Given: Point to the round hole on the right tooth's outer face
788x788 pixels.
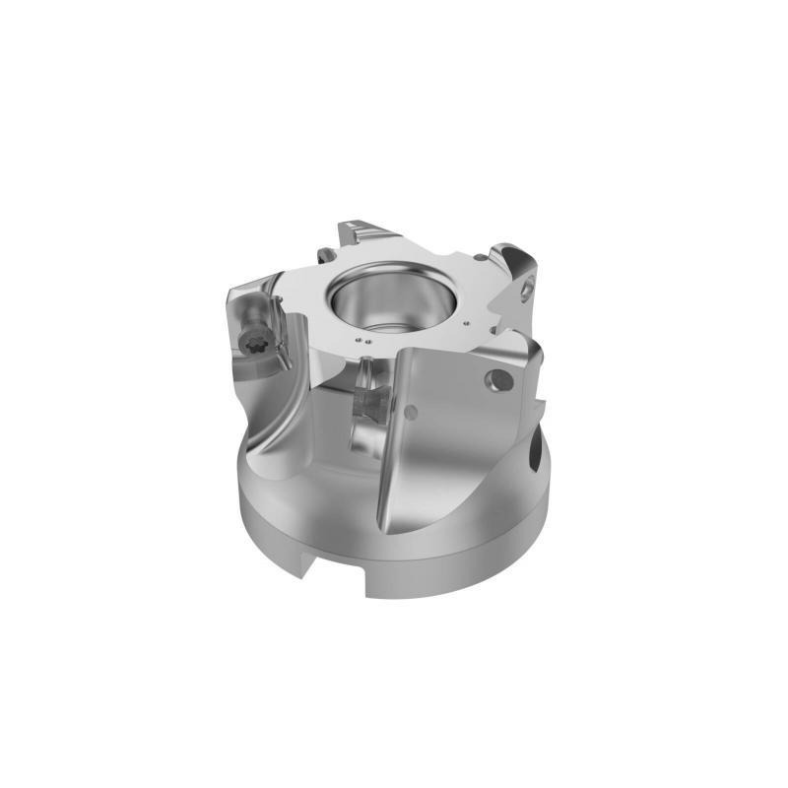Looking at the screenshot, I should coord(530,289).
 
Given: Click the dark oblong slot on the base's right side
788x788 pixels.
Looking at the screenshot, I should coord(533,455).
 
